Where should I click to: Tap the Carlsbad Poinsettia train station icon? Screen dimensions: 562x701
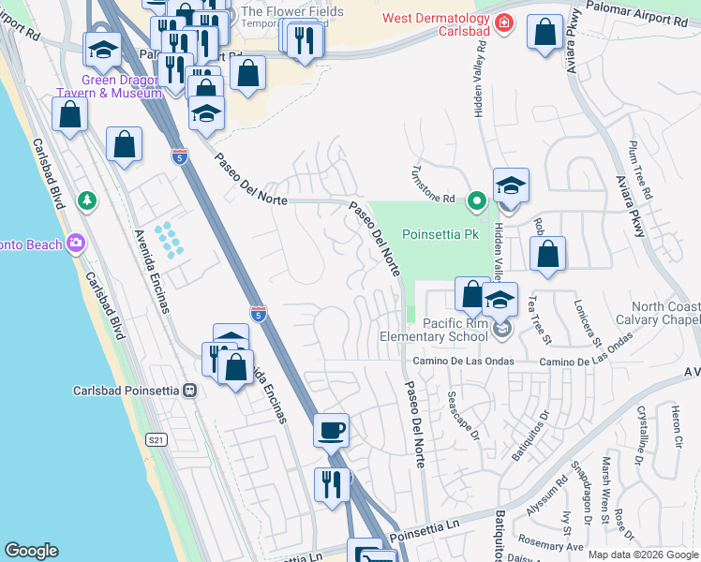pos(190,390)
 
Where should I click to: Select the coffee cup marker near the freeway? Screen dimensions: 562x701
pos(332,431)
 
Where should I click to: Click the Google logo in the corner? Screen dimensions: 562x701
pos(31,551)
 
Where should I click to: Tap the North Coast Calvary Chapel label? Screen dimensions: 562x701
pos(664,314)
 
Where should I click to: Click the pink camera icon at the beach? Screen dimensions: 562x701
pos(76,244)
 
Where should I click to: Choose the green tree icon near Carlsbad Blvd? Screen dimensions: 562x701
pos(86,200)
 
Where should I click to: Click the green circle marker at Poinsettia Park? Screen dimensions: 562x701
pos(477,199)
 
